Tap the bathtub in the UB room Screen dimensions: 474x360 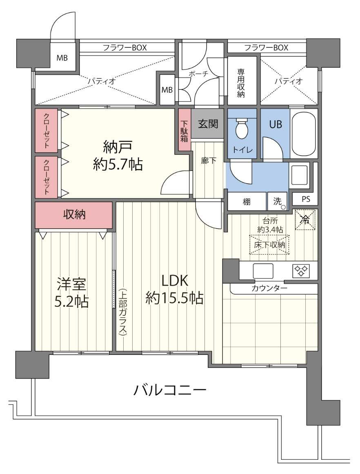304,133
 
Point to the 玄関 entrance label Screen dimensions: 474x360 208,124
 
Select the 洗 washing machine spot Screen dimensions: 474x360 278,201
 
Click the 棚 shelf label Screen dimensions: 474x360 247,202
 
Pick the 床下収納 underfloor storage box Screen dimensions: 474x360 269,245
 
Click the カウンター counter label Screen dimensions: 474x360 269,288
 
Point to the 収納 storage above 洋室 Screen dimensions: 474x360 74,215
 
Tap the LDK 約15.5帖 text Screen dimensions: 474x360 175,290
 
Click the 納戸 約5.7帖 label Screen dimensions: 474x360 118,155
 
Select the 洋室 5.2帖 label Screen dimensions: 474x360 72,292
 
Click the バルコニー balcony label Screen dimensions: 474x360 170,390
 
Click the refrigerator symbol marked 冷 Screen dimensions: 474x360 305,219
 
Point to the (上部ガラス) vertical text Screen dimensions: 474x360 122,312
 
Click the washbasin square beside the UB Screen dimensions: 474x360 299,173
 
